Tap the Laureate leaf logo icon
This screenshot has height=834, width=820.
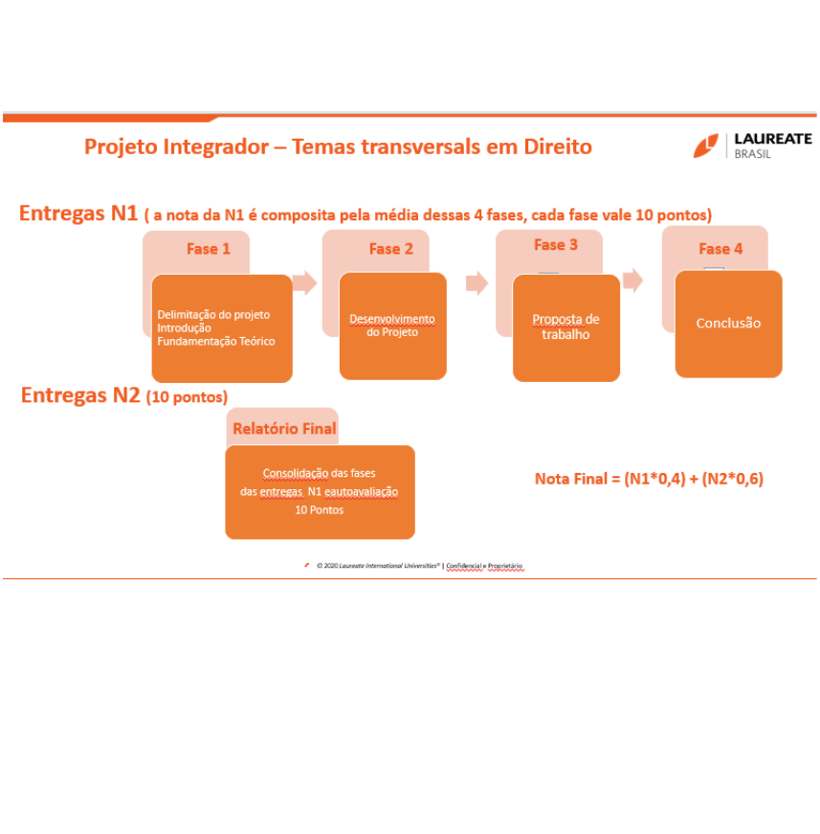pos(706,146)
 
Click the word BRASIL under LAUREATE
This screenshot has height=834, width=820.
pos(753,154)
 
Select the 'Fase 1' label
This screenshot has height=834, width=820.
pos(209,249)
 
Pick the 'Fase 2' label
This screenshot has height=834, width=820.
pos(390,249)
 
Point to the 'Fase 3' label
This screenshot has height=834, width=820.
pos(555,245)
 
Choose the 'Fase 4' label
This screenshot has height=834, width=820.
pos(720,249)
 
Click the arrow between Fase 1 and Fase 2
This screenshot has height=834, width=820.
pos(305,282)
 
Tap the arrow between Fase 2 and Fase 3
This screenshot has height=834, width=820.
pos(476,282)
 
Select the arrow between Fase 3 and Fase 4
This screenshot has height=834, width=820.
pos(632,281)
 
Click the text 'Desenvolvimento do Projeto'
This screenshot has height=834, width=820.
pos(391,326)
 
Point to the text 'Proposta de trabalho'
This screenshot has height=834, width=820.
pos(565,327)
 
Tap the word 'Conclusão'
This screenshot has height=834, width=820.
pos(728,324)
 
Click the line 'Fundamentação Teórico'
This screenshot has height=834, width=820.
pos(215,342)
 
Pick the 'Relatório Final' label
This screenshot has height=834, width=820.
pos(284,429)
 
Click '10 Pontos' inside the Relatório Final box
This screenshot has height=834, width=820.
pos(320,510)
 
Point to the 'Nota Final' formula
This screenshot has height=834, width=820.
pos(648,479)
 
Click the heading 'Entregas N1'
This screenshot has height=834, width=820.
pos(78,214)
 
